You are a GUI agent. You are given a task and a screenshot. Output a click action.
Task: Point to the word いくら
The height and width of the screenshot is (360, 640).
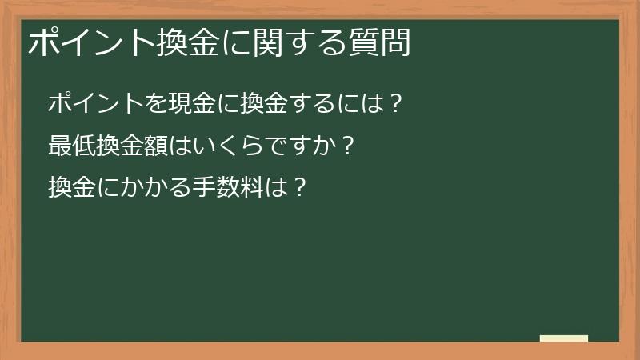tap(226, 146)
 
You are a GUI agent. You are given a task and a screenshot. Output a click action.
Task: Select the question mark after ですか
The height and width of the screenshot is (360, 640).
tap(346, 146)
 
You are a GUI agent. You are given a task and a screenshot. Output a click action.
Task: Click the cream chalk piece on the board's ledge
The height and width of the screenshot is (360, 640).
tap(564, 338)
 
